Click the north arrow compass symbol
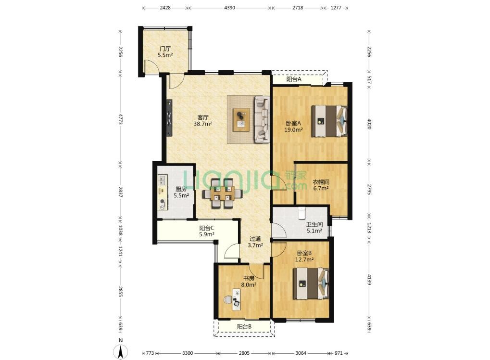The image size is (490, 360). point(121,351)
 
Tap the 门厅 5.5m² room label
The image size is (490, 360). point(165,52)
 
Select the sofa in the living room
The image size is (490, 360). point(262,119)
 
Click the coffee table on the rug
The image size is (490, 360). point(241,120)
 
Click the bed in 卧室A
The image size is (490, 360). point(329,121)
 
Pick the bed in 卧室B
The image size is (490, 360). point(311,283)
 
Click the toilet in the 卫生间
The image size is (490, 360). point(302,212)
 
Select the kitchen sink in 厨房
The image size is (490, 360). point(163,180)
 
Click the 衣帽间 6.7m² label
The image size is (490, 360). point(321,185)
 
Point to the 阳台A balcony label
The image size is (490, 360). point(294,79)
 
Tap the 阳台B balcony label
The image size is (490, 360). point(244,327)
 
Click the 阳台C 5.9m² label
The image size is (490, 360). point(207,231)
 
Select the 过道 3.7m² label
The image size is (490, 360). point(255,242)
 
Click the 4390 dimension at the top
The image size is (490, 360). point(229,8)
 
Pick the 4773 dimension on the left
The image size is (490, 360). point(120,119)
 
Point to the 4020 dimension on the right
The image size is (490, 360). point(369,124)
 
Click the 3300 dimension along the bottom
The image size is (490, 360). point(187,353)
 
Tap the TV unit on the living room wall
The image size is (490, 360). point(169,117)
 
